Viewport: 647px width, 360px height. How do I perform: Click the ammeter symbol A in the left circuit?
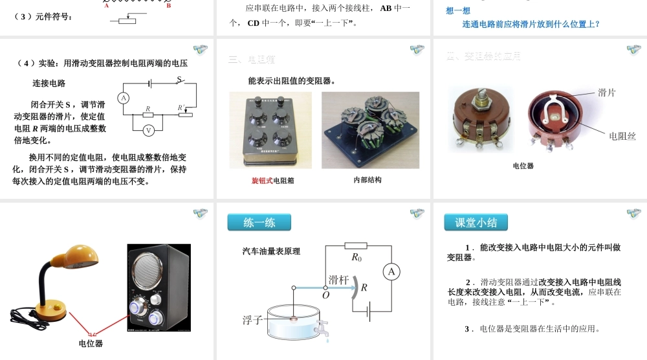tap(123, 98)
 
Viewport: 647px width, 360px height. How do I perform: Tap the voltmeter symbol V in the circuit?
tap(148, 129)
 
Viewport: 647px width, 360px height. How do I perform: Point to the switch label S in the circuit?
tap(179, 80)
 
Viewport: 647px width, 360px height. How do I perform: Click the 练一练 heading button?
tap(259, 223)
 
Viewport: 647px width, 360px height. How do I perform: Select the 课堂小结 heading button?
tap(476, 223)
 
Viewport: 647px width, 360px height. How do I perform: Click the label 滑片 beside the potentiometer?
tap(606, 93)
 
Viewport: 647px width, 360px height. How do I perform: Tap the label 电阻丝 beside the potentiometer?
tap(622, 136)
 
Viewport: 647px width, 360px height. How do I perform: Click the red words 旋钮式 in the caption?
tap(262, 181)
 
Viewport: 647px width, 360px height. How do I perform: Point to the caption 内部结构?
tap(367, 180)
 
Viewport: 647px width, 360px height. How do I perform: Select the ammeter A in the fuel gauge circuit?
tap(391, 272)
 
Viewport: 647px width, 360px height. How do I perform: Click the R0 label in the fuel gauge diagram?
tap(356, 257)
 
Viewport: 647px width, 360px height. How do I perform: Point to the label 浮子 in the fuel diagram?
tap(252, 320)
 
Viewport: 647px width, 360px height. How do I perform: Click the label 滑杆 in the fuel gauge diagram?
tap(339, 280)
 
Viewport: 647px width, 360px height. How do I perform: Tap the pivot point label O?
tap(325, 295)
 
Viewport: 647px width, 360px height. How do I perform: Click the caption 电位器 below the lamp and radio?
tap(91, 343)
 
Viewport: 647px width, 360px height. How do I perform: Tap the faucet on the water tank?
tap(322, 328)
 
